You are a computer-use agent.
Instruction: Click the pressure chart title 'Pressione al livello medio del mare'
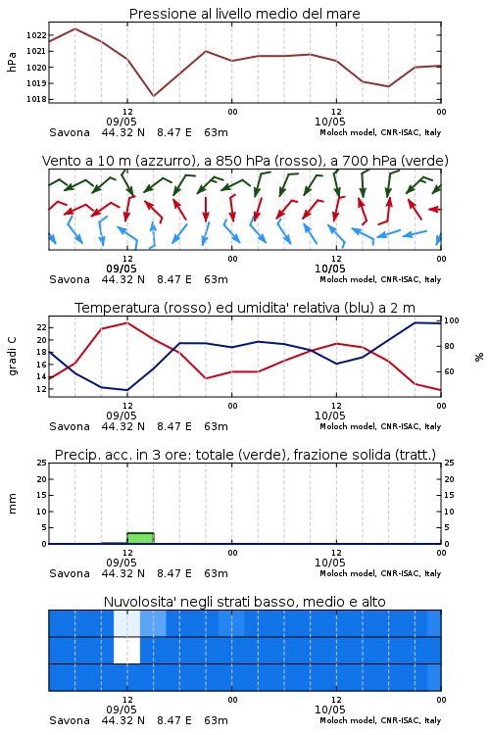(244, 14)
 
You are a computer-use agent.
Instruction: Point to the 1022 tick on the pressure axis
(36, 35)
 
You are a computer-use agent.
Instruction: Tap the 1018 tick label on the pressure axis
(36, 99)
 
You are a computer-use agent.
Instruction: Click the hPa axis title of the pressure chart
(12, 62)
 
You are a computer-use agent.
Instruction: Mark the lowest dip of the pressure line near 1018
(153, 96)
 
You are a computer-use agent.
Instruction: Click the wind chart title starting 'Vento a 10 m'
(245, 161)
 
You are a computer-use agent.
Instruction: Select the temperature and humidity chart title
(245, 308)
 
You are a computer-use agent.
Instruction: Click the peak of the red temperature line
(127, 322)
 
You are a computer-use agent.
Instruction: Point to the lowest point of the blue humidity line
(127, 390)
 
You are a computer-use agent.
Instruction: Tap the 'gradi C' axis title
(12, 357)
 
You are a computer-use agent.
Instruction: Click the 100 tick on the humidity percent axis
(452, 320)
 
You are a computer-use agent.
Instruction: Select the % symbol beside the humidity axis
(479, 357)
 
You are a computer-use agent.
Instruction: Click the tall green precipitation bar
(141, 538)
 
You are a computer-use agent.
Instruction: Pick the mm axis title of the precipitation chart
(12, 504)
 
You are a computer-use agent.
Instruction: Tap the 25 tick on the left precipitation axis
(42, 463)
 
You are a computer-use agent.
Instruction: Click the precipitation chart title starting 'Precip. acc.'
(245, 455)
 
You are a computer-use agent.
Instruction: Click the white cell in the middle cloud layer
(127, 650)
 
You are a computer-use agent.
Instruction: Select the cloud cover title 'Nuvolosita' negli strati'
(244, 602)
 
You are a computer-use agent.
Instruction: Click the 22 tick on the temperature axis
(42, 327)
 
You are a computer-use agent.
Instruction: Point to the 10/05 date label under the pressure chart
(329, 122)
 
